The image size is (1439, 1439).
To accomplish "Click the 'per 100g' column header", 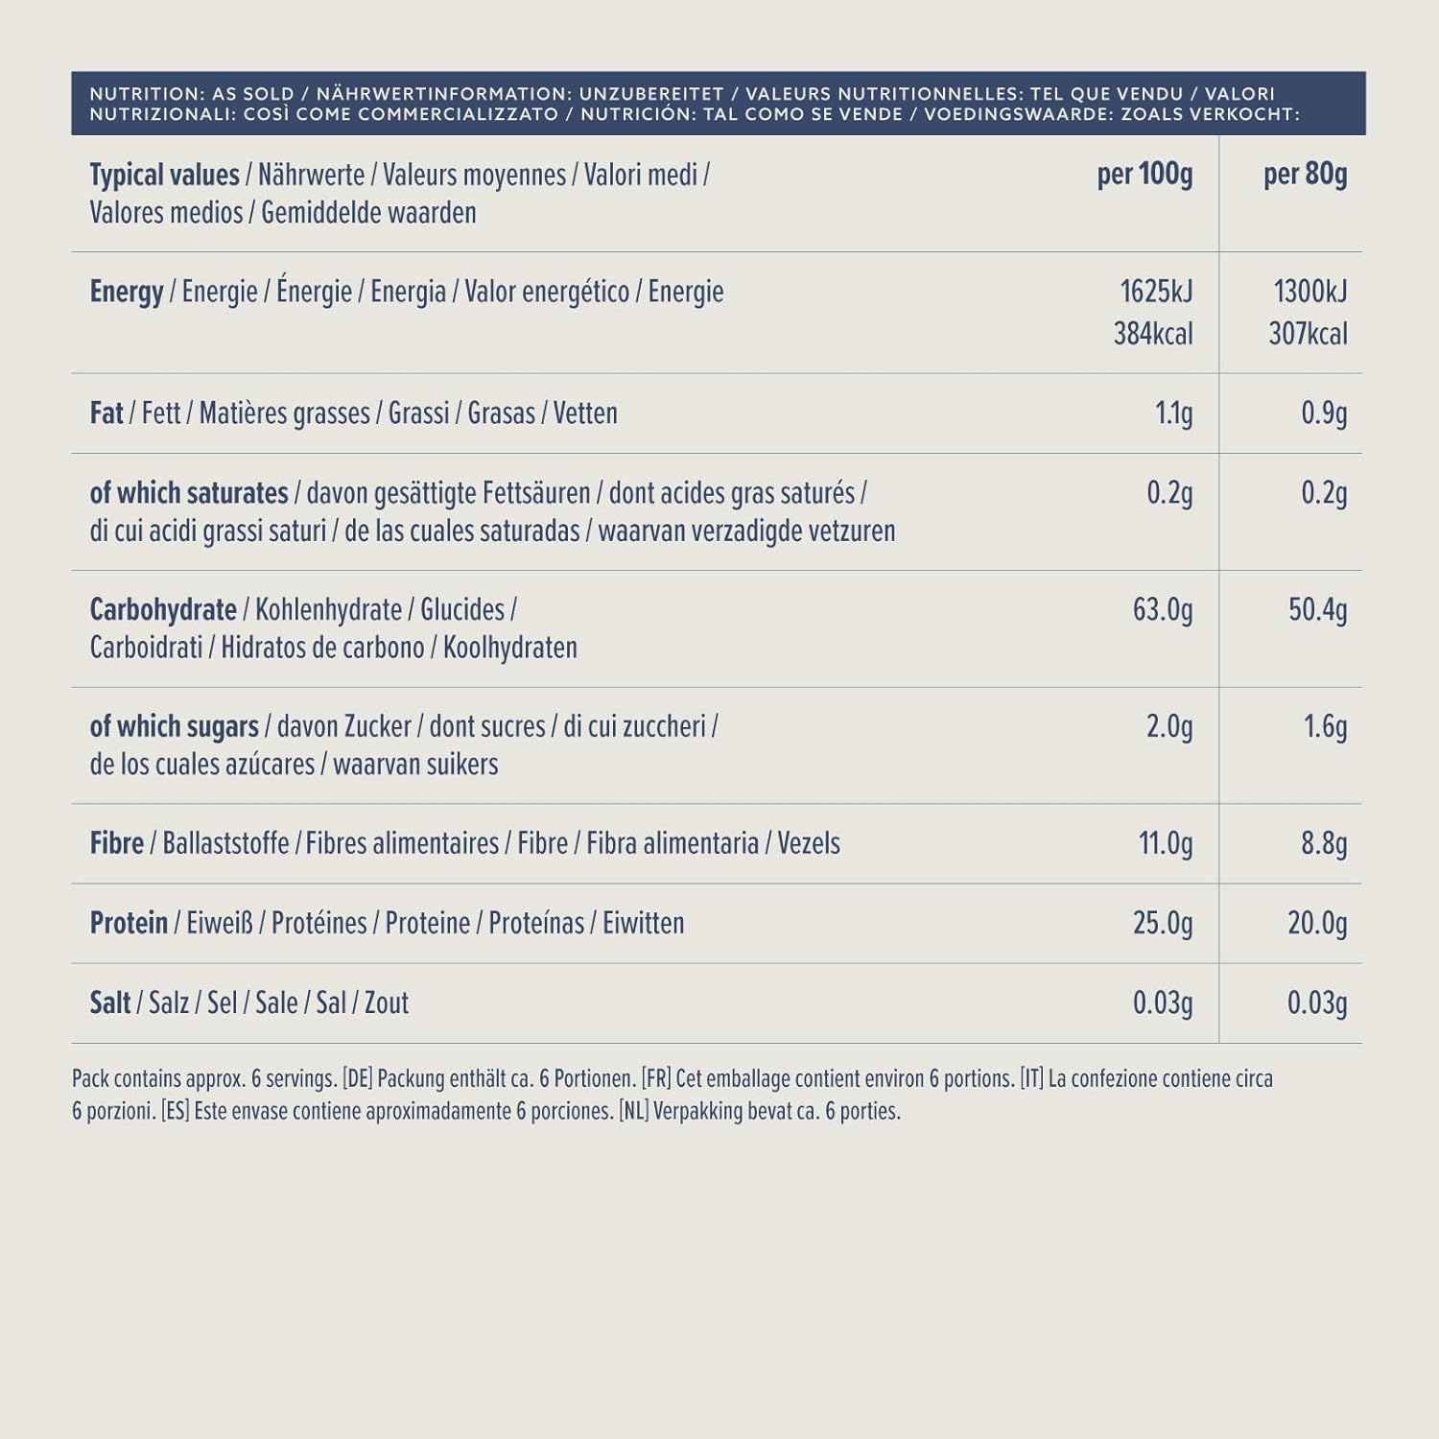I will [x=1144, y=175].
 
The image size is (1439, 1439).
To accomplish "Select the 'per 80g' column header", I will [x=1305, y=175].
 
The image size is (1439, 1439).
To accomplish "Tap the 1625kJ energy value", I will [x=1156, y=291].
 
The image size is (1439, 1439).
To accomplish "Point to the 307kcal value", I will [x=1308, y=334].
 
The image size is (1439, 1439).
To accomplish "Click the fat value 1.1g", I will [x=1173, y=413].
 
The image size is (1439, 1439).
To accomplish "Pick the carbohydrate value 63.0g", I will [x=1163, y=610].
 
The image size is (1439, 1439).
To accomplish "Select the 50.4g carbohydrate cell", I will [x=1317, y=610].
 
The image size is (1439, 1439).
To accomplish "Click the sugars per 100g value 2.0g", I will [x=1169, y=727].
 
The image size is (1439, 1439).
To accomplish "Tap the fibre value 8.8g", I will [x=1324, y=843].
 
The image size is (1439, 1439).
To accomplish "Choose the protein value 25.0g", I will [x=1163, y=923].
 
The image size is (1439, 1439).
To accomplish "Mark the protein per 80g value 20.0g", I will [x=1317, y=923].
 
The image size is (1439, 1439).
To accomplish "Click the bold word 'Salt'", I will [x=110, y=1003].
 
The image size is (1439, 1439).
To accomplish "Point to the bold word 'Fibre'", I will [x=116, y=843].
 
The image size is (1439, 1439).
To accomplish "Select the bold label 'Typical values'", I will [x=164, y=176].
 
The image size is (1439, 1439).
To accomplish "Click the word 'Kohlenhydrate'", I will [x=328, y=610].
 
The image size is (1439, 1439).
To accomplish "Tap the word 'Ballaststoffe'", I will [x=225, y=843].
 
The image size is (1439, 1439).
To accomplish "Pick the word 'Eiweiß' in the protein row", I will [x=220, y=923].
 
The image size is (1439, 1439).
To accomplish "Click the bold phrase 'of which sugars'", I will [x=174, y=727].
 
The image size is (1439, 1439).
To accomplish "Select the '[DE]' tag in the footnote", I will [x=357, y=1078].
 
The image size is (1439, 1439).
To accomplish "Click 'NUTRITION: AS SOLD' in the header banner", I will [x=192, y=94].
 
